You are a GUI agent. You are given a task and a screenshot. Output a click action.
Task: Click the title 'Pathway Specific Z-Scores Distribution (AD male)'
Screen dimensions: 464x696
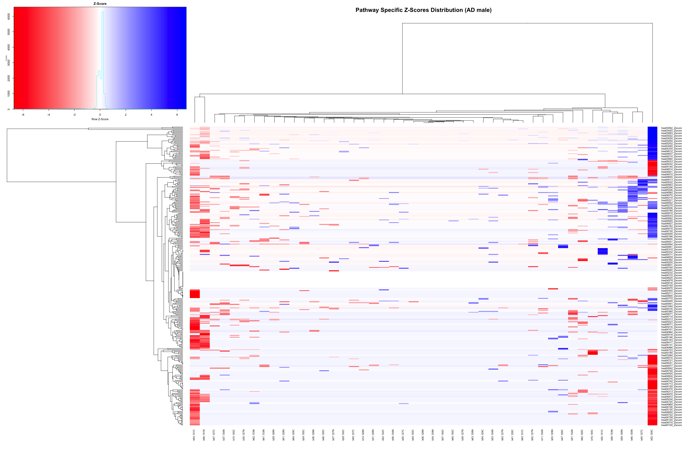click(423, 10)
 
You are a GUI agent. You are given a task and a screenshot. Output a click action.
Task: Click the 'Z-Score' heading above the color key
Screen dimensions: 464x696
click(100, 4)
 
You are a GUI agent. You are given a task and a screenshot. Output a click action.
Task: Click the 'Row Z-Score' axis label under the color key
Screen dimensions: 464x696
click(100, 119)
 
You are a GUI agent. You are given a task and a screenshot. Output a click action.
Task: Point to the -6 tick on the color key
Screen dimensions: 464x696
click(23, 114)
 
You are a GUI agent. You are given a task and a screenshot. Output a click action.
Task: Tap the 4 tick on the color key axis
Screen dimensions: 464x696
click(151, 114)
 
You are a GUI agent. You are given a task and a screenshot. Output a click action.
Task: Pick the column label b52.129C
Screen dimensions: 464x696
click(652, 435)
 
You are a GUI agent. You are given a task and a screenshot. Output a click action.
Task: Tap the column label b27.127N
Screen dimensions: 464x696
click(333, 435)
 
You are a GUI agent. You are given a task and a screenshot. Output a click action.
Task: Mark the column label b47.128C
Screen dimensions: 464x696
click(563, 435)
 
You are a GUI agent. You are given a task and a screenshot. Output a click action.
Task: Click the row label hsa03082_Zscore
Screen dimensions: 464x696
click(672, 128)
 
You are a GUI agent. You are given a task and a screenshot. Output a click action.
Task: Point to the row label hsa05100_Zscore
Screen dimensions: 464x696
click(672, 425)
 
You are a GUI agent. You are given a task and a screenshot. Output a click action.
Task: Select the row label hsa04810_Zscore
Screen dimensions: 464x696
click(672, 175)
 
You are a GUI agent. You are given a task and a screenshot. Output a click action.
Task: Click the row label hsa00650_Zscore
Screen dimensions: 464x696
click(672, 177)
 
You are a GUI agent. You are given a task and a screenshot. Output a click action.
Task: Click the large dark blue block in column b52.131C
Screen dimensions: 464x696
click(603, 251)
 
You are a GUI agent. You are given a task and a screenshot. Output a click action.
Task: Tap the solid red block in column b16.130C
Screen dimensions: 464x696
click(593, 353)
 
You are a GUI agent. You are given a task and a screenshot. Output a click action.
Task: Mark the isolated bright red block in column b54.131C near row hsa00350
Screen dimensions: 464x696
click(195, 294)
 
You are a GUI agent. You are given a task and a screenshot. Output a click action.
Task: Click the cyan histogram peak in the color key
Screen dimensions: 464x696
click(102, 13)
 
